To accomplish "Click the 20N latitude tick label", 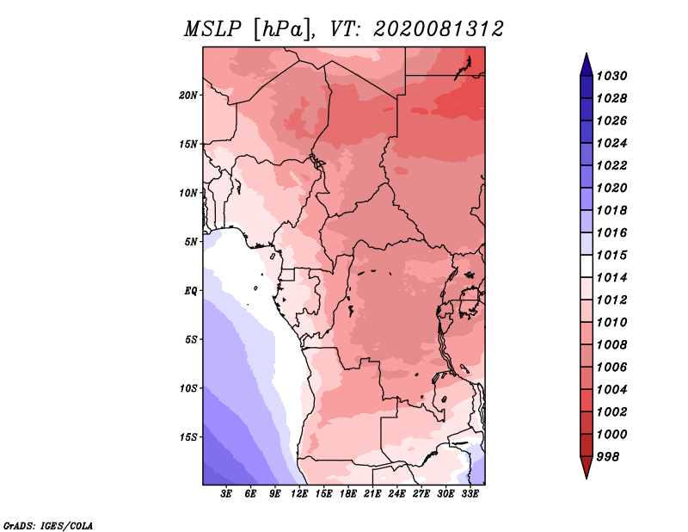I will [188, 95].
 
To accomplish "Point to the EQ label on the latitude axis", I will [191, 290].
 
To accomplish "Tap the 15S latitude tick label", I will [188, 436].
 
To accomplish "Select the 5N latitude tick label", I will [191, 241].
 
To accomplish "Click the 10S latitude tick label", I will [188, 388].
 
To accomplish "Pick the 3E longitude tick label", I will [227, 494].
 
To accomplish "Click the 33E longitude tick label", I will [470, 494].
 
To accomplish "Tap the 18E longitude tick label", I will [348, 494].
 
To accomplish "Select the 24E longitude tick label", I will [396, 494].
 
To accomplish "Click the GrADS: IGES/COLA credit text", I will [47, 524].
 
